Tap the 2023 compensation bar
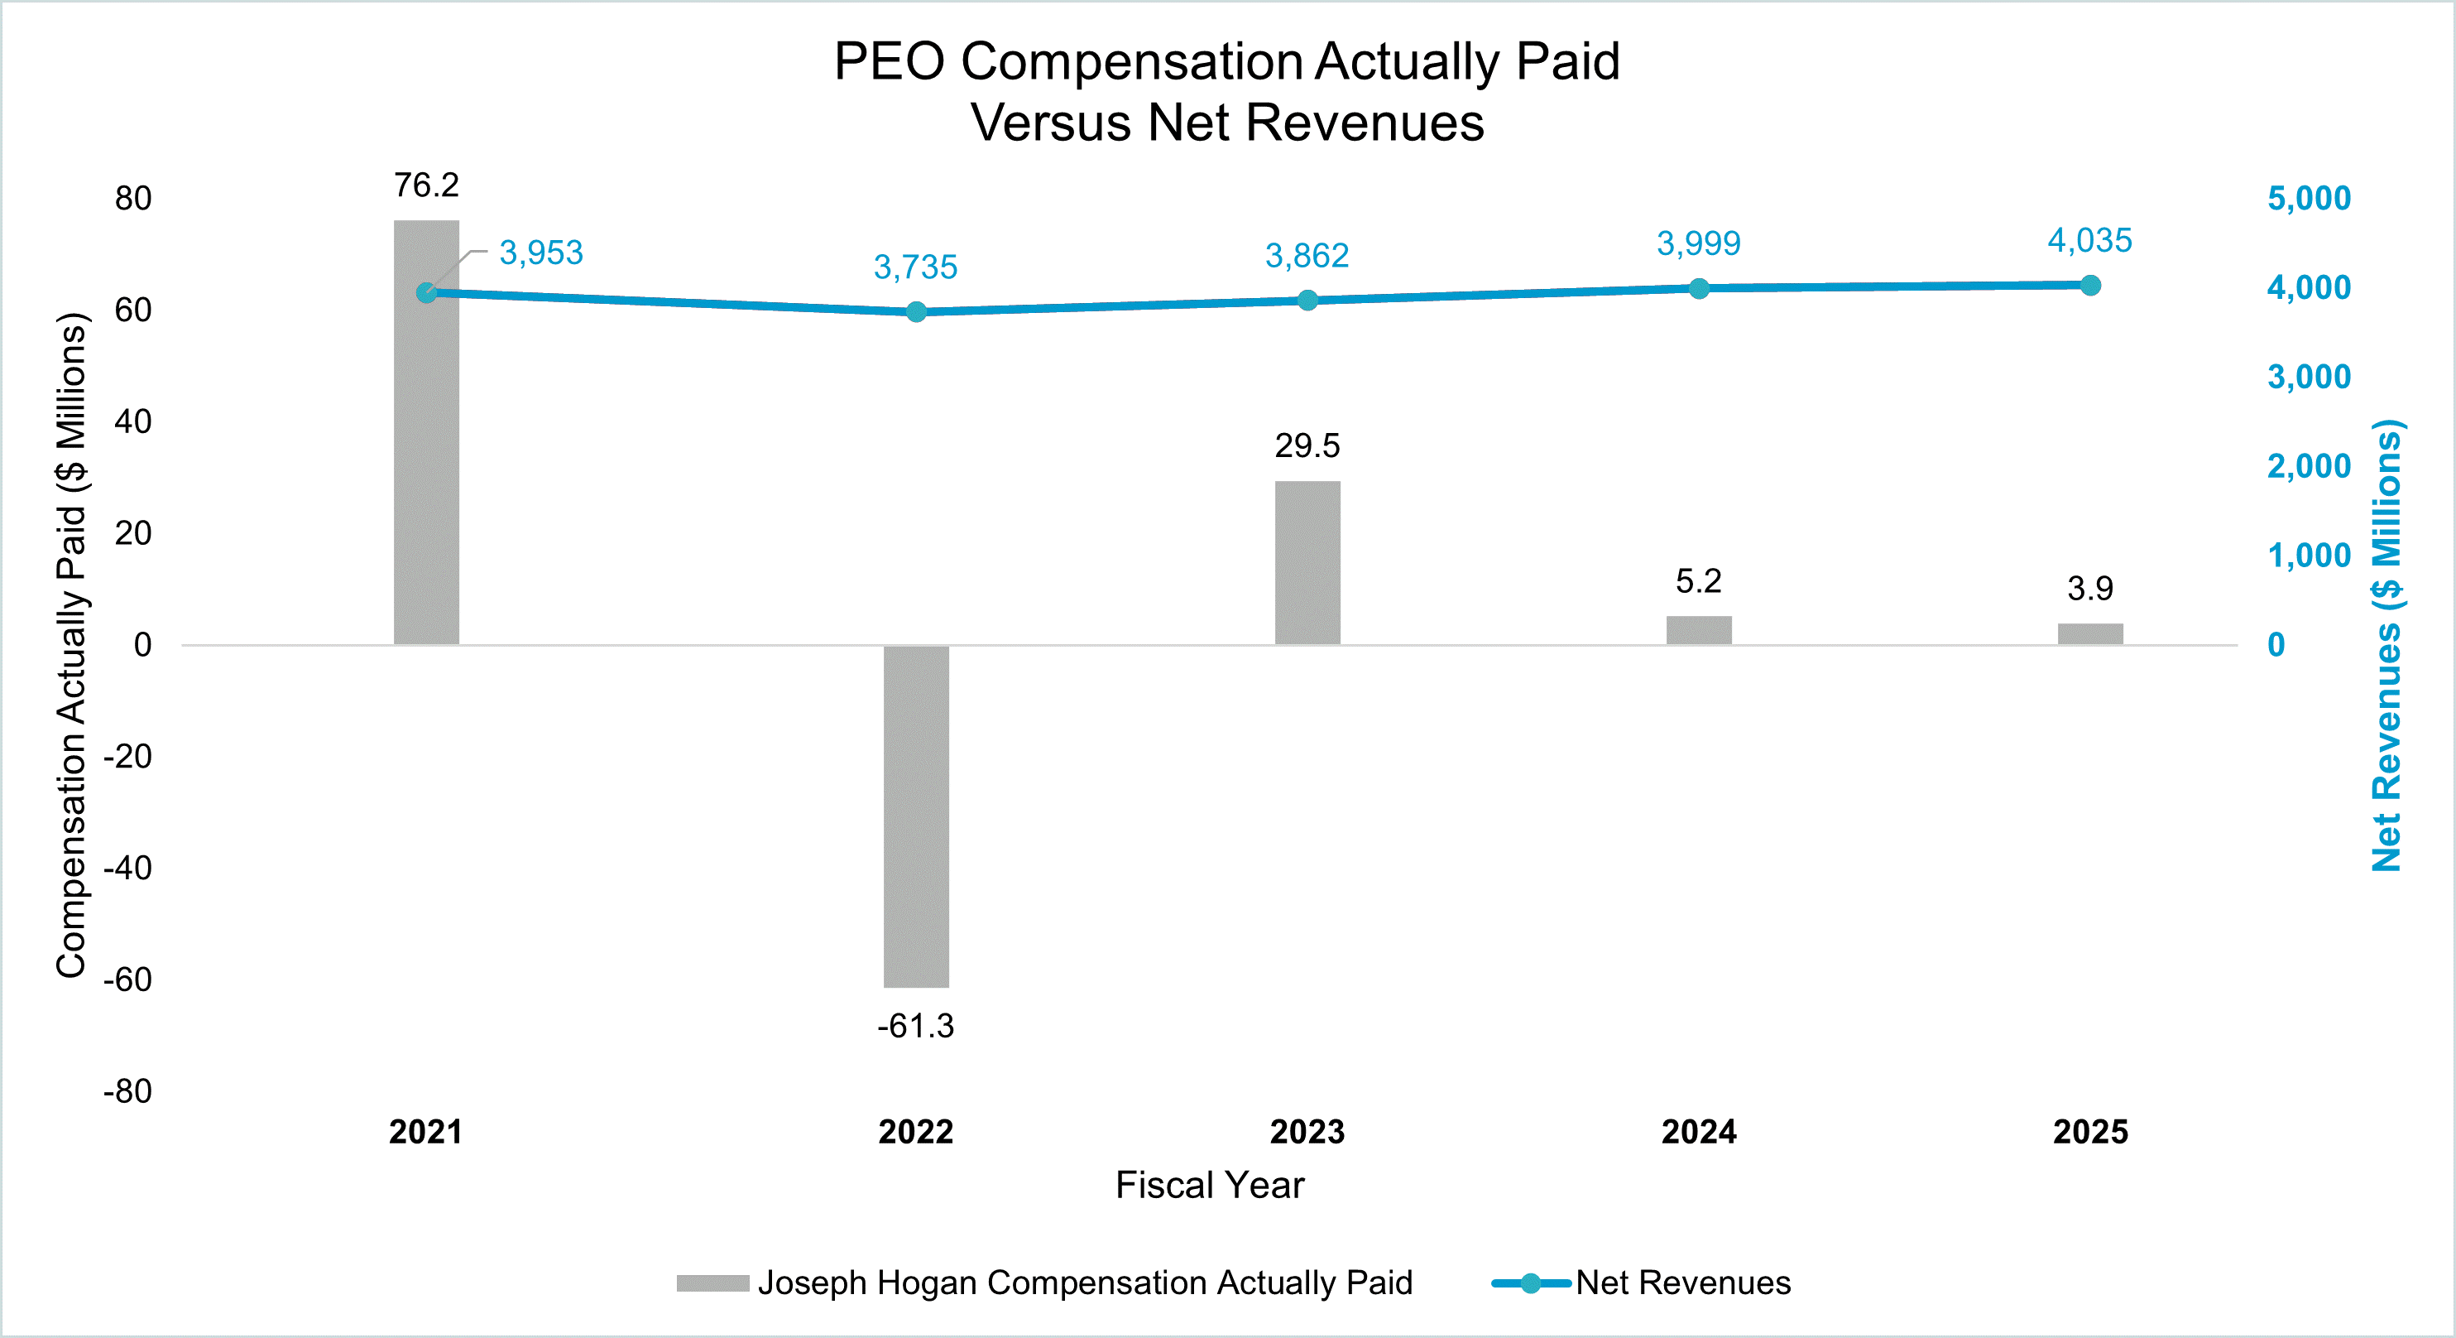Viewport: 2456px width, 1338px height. [1307, 563]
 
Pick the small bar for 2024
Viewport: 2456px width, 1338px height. [1698, 630]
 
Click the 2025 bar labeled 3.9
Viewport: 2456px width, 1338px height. [2090, 634]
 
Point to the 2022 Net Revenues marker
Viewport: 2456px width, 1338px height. [915, 312]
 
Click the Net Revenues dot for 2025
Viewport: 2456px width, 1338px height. [2090, 285]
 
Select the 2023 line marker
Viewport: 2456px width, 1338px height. [1307, 301]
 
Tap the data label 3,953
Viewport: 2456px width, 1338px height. [540, 253]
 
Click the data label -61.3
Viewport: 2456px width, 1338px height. [915, 1026]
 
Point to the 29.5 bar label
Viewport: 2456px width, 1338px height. [1307, 445]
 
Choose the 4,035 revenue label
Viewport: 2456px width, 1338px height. [2089, 240]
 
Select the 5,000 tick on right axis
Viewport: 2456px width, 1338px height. [2308, 199]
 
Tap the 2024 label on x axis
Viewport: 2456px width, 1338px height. [1698, 1132]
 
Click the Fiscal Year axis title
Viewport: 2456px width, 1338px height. [1209, 1186]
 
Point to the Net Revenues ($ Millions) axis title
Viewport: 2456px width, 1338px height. [2386, 646]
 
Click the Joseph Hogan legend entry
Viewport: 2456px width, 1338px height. [1084, 1283]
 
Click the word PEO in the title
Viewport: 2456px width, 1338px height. [889, 62]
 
